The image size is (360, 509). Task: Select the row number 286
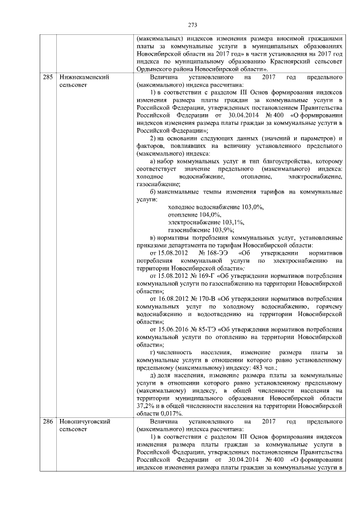(x=48, y=421)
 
